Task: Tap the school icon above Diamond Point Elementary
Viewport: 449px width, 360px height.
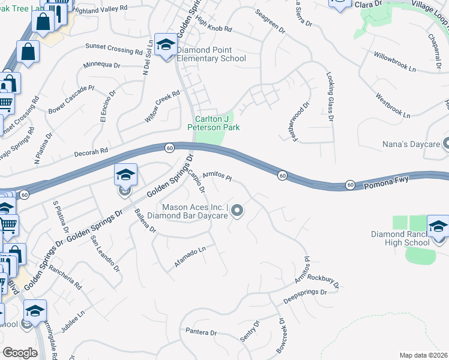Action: [165, 44]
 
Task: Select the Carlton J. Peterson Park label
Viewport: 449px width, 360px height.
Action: [214, 123]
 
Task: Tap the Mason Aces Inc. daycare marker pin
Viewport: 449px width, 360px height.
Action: [237, 210]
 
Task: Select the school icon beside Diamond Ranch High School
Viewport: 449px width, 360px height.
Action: [438, 228]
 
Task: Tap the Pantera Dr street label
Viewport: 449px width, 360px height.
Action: [200, 332]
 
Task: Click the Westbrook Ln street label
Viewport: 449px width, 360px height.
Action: [393, 106]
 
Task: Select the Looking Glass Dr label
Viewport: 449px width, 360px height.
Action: [330, 97]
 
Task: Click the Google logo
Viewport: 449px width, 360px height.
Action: [20, 352]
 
